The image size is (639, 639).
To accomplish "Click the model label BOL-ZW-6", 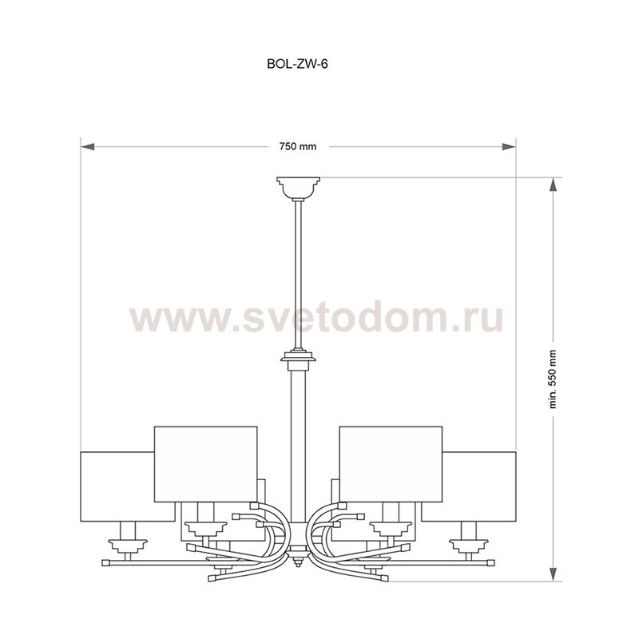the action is click(x=297, y=64).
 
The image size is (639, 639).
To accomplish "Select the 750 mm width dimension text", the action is click(x=298, y=146).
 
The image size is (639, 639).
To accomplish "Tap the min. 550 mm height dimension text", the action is click(x=553, y=379).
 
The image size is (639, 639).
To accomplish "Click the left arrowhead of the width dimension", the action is click(x=88, y=147).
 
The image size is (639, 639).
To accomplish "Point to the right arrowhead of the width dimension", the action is click(x=509, y=147).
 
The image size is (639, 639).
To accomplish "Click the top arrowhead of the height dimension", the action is click(x=553, y=185).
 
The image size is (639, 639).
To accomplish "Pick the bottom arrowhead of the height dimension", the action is click(x=553, y=574).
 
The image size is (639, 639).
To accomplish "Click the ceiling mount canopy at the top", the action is click(x=298, y=188).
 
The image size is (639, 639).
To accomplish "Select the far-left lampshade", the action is click(x=117, y=486).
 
